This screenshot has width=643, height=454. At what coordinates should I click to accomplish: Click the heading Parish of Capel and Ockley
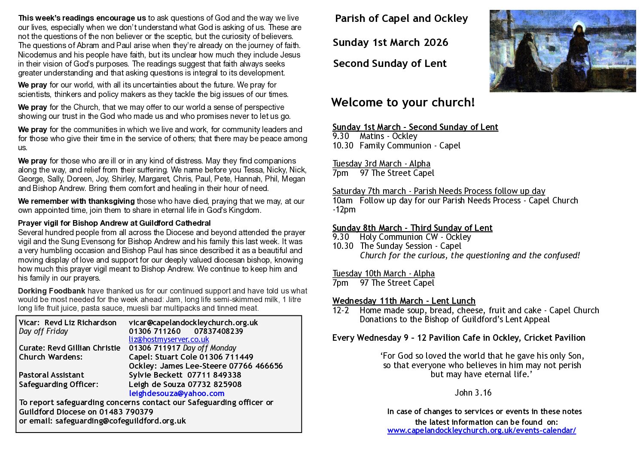[401, 18]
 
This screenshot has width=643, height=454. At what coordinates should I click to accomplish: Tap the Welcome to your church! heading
[403, 102]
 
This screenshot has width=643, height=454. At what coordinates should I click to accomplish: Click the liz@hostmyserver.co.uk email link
[169, 339]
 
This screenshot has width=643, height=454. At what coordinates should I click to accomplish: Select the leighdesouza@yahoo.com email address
[177, 393]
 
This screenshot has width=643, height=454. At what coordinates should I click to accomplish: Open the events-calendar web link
[481, 430]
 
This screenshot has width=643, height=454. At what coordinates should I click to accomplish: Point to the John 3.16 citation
[473, 393]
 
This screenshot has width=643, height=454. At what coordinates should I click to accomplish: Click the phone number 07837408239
[219, 331]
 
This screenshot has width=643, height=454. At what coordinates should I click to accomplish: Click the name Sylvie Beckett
[155, 375]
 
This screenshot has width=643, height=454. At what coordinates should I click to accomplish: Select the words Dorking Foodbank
[52, 291]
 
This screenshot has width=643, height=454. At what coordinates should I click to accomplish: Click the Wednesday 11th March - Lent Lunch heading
[404, 301]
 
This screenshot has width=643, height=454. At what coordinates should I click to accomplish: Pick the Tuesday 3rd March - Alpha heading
[381, 163]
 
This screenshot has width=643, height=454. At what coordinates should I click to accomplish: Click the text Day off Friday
[43, 331]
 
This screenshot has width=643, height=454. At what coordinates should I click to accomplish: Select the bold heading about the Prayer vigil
[114, 223]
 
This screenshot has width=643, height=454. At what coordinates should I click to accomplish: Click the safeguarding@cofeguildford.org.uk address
[120, 421]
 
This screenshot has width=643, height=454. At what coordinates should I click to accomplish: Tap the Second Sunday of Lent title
[390, 64]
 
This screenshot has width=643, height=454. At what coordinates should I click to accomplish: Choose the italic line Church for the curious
[469, 255]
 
